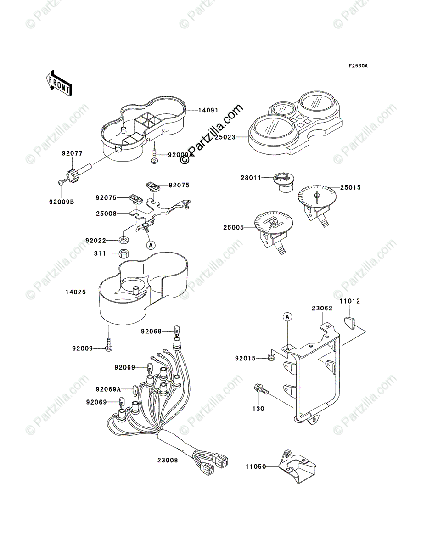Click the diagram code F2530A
point(358,66)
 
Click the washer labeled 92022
point(123,240)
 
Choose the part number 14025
point(76,291)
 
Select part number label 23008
point(168,459)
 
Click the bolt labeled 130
point(260,390)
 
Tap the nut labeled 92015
point(272,357)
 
